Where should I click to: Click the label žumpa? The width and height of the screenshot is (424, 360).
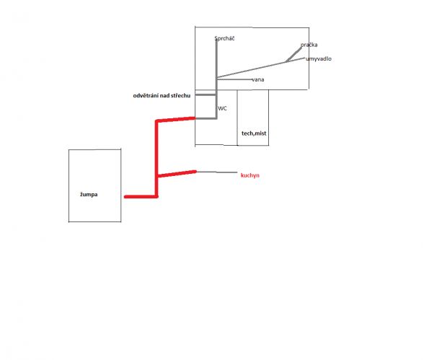[x=89, y=195]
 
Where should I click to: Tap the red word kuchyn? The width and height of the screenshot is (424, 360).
[x=249, y=175]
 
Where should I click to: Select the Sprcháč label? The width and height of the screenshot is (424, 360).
[x=224, y=38]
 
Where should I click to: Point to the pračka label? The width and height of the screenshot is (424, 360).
[x=309, y=45]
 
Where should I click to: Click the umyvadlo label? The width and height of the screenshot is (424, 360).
[x=319, y=58]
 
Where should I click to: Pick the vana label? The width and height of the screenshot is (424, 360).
[x=258, y=79]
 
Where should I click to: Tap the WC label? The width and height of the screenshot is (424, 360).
[x=222, y=108]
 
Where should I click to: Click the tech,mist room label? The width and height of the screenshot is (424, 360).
[x=254, y=133]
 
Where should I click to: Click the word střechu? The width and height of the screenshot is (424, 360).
[x=180, y=95]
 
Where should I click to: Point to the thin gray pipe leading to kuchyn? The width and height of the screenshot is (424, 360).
[x=217, y=172]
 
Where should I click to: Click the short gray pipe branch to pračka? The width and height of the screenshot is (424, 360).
[x=293, y=55]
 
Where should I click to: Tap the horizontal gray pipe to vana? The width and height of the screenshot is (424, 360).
[x=234, y=79]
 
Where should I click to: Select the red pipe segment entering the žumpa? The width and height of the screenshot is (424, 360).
[x=141, y=197]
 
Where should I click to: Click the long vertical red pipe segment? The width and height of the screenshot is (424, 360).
[x=156, y=158]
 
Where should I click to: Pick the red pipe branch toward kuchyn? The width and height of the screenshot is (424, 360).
[x=177, y=174]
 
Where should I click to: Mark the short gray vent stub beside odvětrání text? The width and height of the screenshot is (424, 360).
[x=206, y=95]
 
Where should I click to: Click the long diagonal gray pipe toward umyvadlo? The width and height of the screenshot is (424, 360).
[x=261, y=68]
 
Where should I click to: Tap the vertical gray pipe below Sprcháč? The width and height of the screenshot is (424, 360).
[x=216, y=79]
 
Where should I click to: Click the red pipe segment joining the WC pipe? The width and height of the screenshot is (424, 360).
[x=176, y=119]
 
